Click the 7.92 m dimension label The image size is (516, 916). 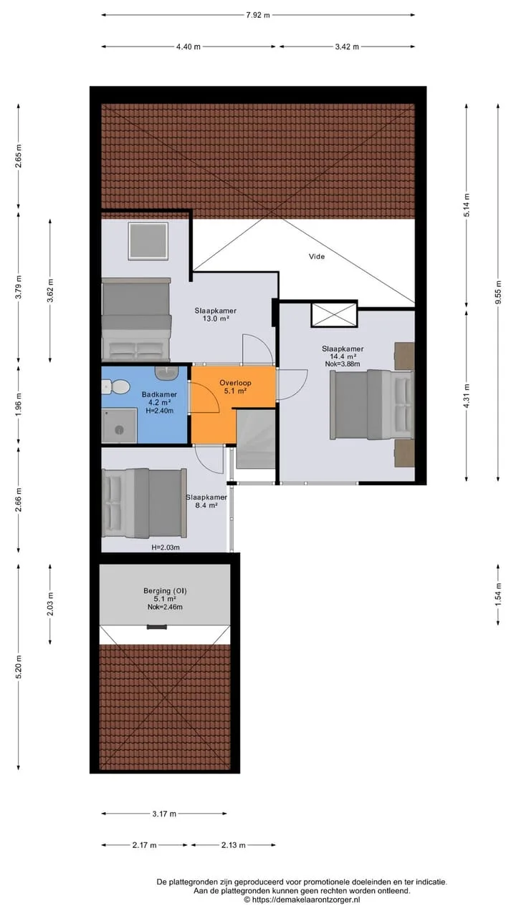[x=258, y=16]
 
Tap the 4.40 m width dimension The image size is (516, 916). [x=188, y=47]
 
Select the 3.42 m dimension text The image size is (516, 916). [x=347, y=47]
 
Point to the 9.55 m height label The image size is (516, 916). [x=498, y=293]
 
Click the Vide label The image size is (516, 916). [x=317, y=256]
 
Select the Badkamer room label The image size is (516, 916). [x=159, y=394]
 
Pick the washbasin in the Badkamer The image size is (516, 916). [x=166, y=374]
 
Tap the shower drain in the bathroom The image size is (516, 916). [x=120, y=429]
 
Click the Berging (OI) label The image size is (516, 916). [x=165, y=590]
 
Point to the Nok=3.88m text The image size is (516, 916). [x=343, y=364]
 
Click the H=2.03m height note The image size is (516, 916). [x=166, y=547]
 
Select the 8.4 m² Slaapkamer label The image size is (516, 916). [x=206, y=502]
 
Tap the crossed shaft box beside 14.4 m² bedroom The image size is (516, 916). [x=334, y=314]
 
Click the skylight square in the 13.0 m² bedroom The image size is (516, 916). [x=148, y=241]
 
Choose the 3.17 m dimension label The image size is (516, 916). [x=164, y=814]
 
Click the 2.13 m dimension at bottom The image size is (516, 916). [x=234, y=845]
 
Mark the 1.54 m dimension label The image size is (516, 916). [x=498, y=594]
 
